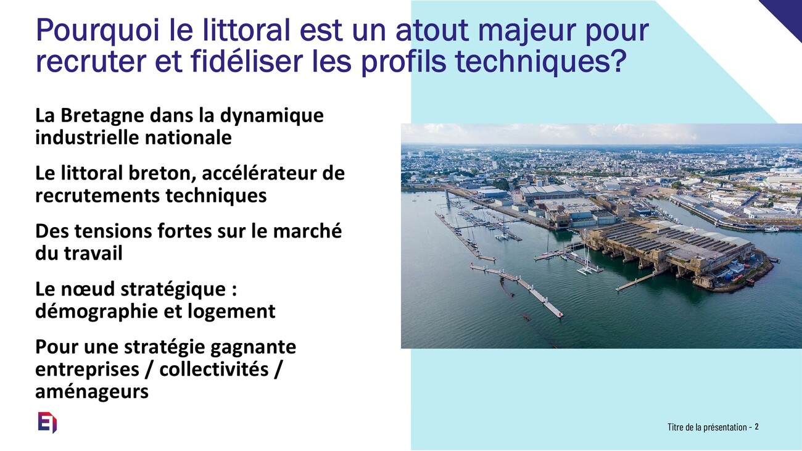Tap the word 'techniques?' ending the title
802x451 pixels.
(x=541, y=60)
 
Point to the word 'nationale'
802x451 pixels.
(x=188, y=137)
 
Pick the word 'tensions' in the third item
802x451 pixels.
(x=110, y=231)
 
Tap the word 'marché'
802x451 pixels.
(x=307, y=231)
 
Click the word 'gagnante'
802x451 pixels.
(x=253, y=347)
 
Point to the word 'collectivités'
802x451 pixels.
(x=213, y=369)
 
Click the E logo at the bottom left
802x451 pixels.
(x=48, y=423)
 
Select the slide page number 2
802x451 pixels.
(x=756, y=427)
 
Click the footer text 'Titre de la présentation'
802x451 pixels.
(x=707, y=427)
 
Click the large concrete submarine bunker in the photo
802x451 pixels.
(x=673, y=250)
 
